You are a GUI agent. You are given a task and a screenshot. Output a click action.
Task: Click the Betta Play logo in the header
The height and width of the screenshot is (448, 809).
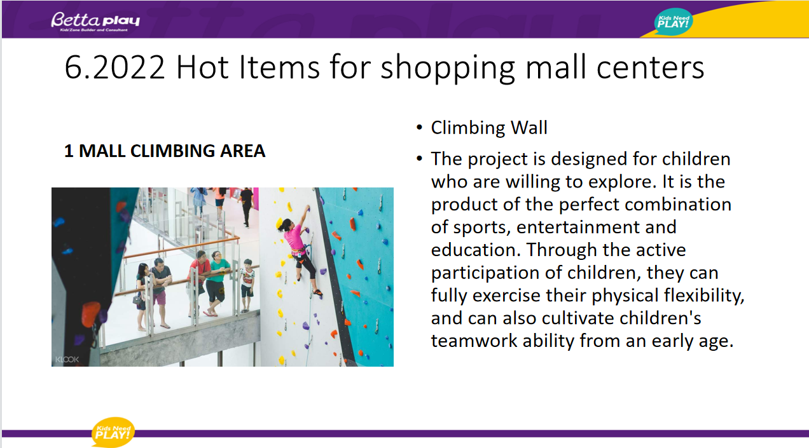pyautogui.click(x=95, y=21)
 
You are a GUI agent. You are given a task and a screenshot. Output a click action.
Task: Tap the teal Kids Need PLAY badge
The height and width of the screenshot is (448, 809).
pyautogui.click(x=673, y=22)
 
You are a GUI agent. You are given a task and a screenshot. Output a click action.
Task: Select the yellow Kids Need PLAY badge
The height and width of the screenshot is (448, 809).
pyautogui.click(x=113, y=432)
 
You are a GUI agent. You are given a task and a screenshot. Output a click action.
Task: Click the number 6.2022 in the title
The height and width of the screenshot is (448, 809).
pyautogui.click(x=115, y=67)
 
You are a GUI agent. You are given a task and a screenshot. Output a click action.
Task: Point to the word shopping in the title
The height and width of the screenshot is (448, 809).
pyautogui.click(x=448, y=69)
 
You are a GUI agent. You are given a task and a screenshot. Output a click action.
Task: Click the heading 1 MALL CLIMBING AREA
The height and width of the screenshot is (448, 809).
pyautogui.click(x=165, y=151)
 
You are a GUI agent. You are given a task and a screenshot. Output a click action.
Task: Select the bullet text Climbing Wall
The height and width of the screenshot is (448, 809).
pyautogui.click(x=489, y=128)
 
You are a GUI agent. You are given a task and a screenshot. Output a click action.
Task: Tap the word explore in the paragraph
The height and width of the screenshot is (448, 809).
pyautogui.click(x=621, y=182)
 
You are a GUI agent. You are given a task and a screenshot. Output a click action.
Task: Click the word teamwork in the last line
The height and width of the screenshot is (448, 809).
pyautogui.click(x=474, y=341)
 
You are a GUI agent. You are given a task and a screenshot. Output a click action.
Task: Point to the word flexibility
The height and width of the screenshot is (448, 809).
pyautogui.click(x=703, y=295)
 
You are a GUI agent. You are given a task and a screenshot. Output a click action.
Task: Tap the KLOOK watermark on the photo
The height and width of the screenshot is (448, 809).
pyautogui.click(x=67, y=359)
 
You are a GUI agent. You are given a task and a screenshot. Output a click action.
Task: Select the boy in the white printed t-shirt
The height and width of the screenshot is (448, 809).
pyautogui.click(x=247, y=285)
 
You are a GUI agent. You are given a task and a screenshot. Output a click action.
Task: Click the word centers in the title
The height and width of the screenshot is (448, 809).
pyautogui.click(x=650, y=68)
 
